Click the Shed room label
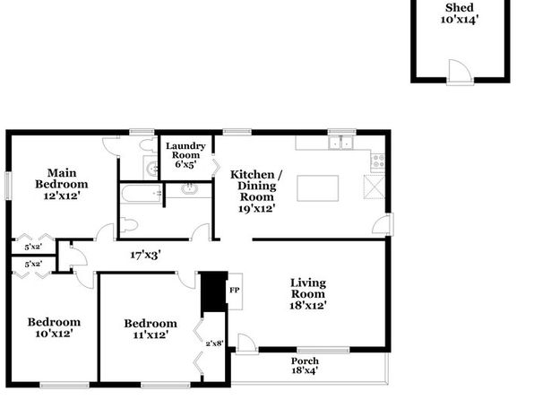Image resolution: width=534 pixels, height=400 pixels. tap(460, 8)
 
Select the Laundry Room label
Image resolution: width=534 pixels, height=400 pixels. tap(185, 151)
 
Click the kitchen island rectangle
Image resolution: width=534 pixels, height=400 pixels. tap(317, 188)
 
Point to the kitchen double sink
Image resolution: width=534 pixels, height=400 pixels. tap(340, 143)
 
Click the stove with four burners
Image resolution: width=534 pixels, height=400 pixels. tap(378, 161)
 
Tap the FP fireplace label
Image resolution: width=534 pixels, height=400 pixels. tap(235, 291)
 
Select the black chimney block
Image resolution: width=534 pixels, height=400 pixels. tap(213, 291)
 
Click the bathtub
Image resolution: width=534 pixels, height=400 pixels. tap(142, 194)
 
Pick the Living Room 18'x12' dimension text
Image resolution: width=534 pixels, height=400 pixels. tap(308, 305)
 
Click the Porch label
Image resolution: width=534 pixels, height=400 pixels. tap(305, 361)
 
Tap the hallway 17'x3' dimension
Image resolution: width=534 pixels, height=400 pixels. tap(145, 255)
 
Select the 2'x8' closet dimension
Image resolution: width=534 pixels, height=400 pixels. tap(214, 343)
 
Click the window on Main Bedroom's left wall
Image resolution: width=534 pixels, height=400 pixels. tap(8, 186)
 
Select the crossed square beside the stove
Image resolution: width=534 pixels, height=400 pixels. tap(375, 187)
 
